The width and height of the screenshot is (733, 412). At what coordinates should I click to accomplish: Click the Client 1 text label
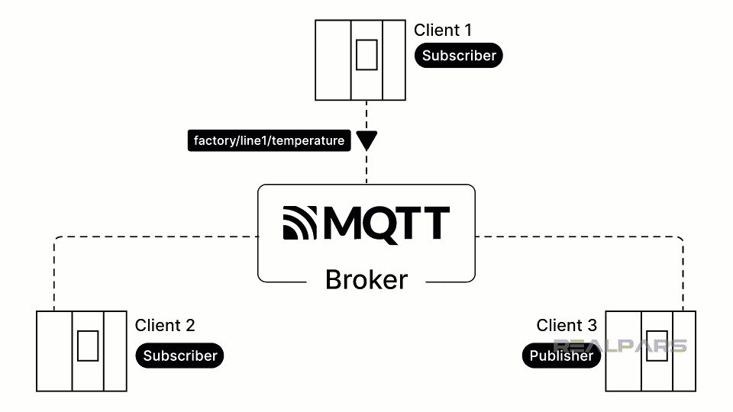coord(442,31)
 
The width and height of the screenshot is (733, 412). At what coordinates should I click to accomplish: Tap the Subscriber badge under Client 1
coord(459,56)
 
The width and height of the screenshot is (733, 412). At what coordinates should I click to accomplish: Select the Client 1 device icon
coord(360,60)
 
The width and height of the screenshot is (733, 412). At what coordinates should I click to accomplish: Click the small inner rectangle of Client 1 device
coord(366,54)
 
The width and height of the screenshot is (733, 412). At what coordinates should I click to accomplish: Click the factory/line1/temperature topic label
coord(269,141)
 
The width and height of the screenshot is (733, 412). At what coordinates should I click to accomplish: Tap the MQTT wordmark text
coord(386,223)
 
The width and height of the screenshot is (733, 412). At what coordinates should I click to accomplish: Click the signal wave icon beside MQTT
coord(300,223)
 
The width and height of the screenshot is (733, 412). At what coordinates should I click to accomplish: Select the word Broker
coord(366,280)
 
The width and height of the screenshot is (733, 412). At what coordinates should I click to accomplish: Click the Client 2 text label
coord(165,326)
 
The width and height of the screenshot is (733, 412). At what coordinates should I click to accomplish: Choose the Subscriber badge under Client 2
coord(180,356)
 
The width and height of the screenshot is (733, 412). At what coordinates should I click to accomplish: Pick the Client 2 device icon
coord(82,351)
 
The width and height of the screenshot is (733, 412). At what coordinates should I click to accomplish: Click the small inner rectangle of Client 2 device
coord(88,346)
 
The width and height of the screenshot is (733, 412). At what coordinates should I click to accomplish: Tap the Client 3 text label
coord(567,326)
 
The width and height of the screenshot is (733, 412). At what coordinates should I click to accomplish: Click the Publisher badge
coord(561,356)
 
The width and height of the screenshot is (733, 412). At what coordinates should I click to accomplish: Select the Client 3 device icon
coord(651,351)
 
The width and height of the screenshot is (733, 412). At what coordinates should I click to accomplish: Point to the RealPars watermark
coord(620,346)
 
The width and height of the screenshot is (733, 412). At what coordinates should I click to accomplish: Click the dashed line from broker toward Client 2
coord(153,237)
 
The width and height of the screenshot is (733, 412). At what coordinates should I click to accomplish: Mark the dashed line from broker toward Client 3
coord(580,237)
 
